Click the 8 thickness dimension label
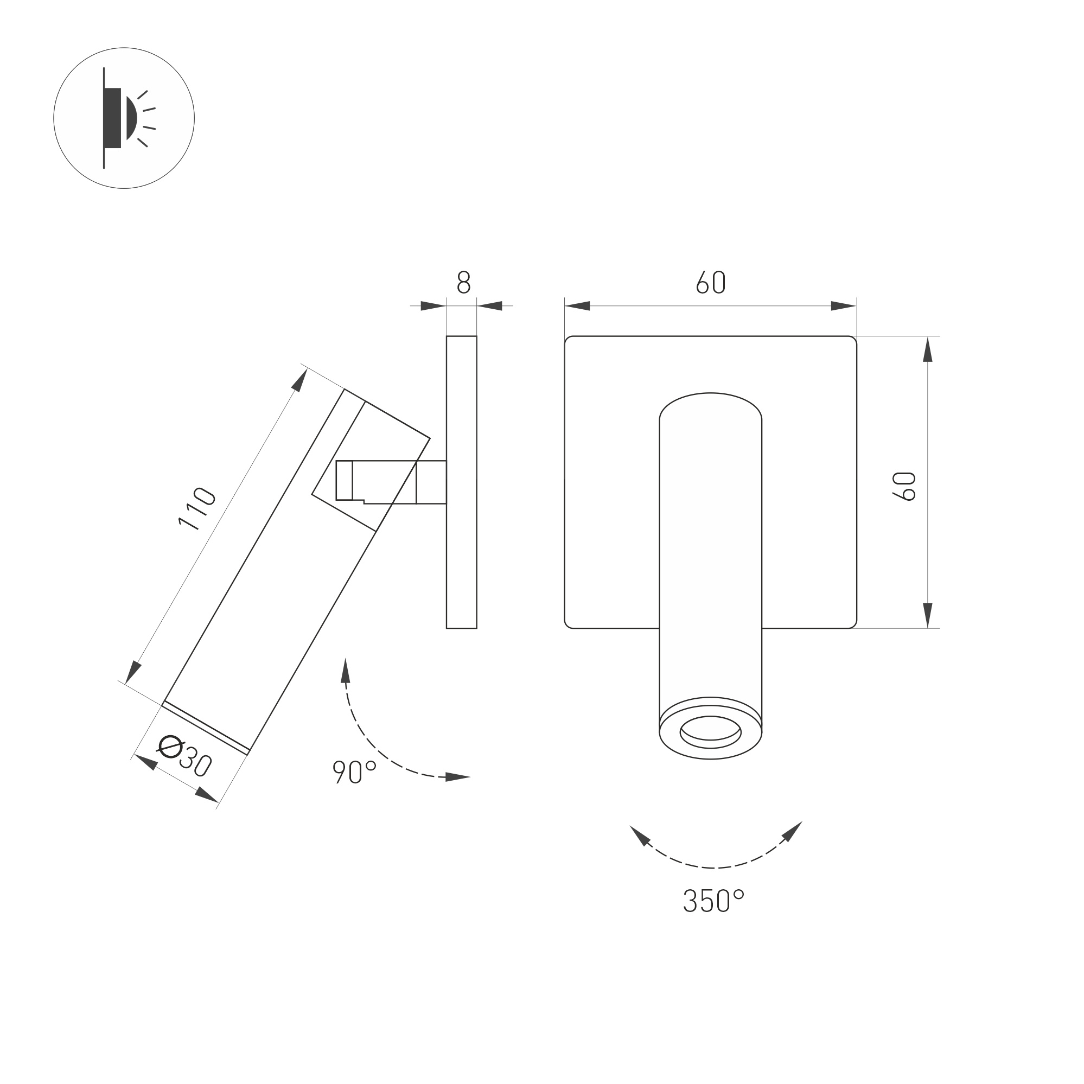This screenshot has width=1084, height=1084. click(x=463, y=282)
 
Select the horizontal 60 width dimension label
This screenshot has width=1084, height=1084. click(x=711, y=283)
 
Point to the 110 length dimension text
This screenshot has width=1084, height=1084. click(x=197, y=509)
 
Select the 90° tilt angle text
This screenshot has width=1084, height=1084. click(x=354, y=772)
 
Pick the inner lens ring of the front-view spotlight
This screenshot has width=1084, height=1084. click(x=710, y=732)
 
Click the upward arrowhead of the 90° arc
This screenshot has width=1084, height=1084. click(x=346, y=670)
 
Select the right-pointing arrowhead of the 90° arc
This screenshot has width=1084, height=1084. click(x=457, y=777)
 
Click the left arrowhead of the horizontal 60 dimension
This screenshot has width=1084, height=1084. click(x=577, y=306)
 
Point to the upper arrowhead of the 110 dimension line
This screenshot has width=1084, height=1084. click(x=300, y=381)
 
